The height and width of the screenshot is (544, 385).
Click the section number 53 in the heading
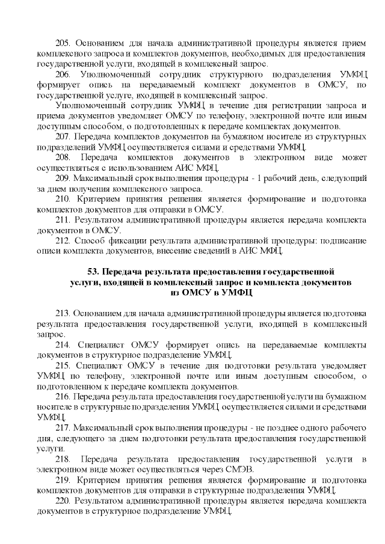(x=93, y=272)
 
